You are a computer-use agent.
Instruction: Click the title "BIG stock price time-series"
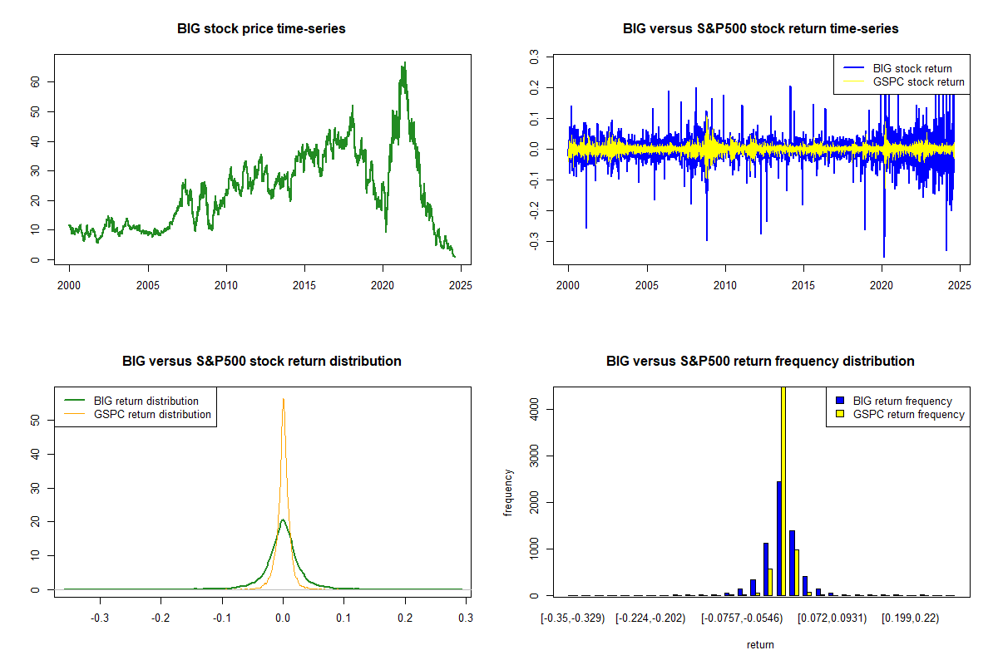(x=261, y=28)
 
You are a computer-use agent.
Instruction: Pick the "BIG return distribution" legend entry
(x=131, y=401)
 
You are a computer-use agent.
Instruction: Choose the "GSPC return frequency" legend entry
(x=900, y=414)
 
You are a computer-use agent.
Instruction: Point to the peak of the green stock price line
(x=405, y=62)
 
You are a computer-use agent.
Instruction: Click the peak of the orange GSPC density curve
(x=284, y=399)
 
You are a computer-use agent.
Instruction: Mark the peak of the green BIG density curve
(x=283, y=520)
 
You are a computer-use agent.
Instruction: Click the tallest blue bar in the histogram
(x=779, y=539)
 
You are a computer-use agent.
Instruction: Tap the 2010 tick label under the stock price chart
(x=226, y=285)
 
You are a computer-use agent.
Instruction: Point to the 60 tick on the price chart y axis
(x=35, y=82)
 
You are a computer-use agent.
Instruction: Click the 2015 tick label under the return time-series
(x=803, y=285)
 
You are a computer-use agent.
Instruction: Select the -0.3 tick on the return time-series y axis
(x=534, y=241)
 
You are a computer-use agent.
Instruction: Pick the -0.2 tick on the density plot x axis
(x=161, y=618)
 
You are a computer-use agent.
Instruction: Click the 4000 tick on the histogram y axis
(x=534, y=409)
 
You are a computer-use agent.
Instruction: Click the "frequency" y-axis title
(x=508, y=493)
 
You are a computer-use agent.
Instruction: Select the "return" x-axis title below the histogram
(x=760, y=644)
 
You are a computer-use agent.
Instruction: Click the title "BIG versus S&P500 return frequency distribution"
(x=760, y=361)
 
